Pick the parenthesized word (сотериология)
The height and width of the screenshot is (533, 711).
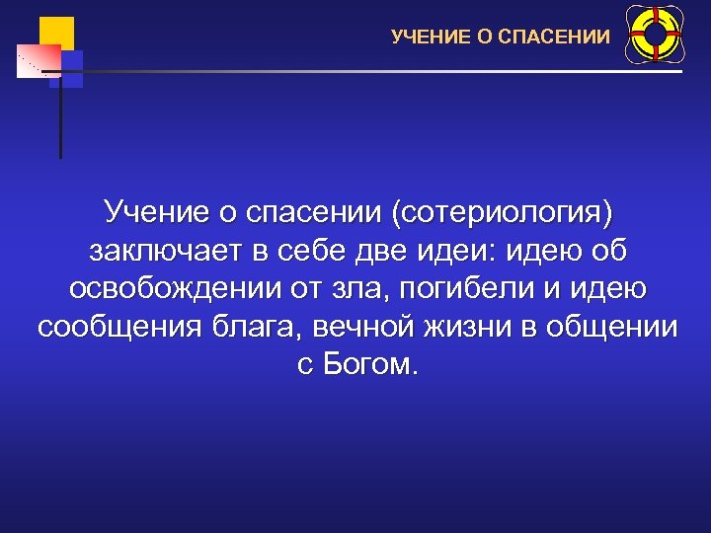tap(504, 211)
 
